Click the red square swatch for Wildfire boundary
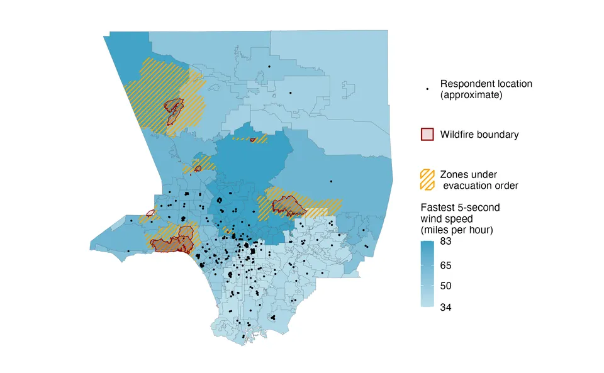coord(427,135)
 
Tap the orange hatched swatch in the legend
coord(428,180)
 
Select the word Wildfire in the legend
coord(457,135)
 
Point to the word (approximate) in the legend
coord(471,96)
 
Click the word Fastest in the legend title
coord(438,207)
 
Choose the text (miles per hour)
coord(456,230)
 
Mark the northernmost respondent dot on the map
coord(269,67)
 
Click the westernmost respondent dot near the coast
coord(128,252)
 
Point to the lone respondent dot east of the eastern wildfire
coord(332,181)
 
